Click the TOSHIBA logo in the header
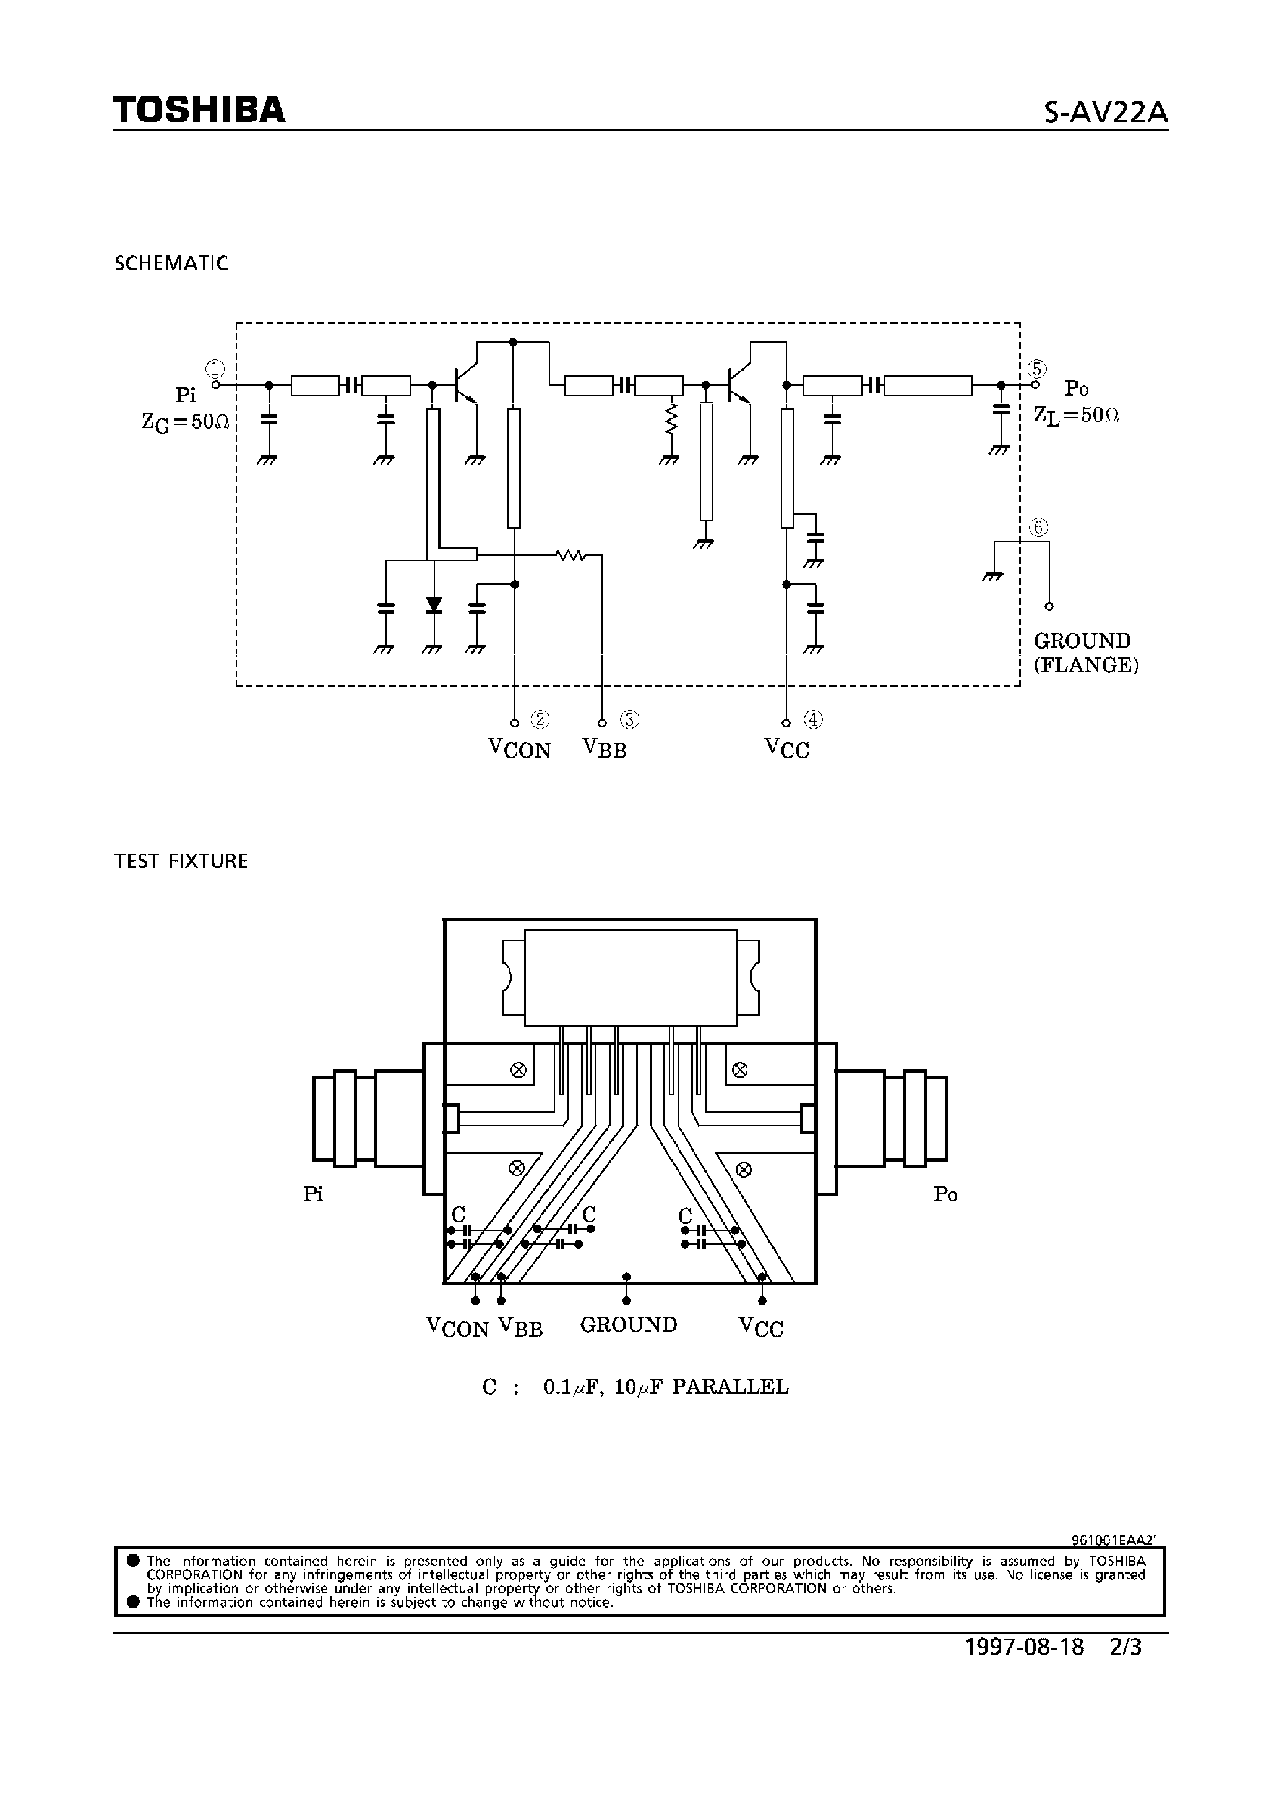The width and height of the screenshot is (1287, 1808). (198, 109)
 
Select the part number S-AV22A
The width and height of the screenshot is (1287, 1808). (1106, 113)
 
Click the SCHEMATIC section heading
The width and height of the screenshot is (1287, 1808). (171, 264)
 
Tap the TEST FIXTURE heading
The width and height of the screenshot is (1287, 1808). (181, 861)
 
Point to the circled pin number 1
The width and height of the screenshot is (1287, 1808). (215, 369)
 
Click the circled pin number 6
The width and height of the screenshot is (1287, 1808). (1038, 527)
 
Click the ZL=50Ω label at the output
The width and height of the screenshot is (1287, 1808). (1076, 415)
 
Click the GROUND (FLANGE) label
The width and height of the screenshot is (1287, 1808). (1086, 653)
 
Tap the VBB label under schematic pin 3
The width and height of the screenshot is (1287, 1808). (605, 748)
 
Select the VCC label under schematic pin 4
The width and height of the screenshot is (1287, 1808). (787, 748)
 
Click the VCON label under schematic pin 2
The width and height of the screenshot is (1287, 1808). (519, 748)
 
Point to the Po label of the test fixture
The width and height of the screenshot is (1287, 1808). (945, 1194)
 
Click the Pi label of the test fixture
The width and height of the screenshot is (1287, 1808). (313, 1194)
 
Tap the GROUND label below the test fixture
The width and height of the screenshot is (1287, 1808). (629, 1325)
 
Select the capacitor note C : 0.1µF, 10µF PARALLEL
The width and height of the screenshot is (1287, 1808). (635, 1387)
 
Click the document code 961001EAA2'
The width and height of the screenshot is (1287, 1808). (1114, 1540)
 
